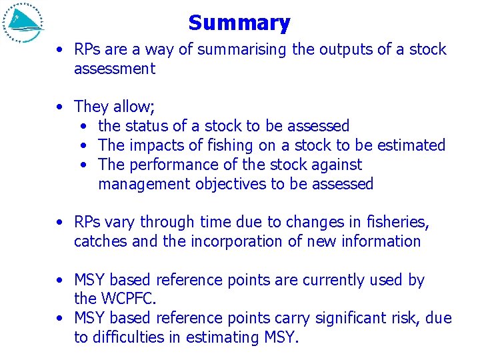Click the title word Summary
click(239, 23)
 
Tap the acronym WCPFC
click(131, 299)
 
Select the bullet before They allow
click(61, 107)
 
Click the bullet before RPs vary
click(61, 223)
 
